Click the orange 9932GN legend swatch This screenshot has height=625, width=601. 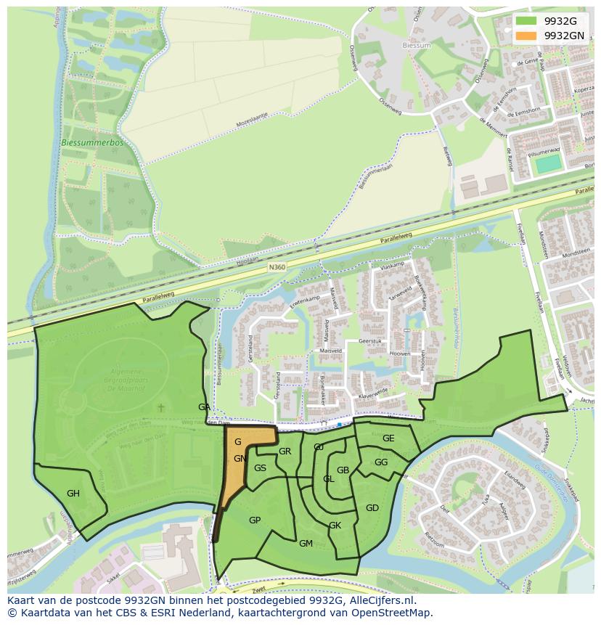coord(526,35)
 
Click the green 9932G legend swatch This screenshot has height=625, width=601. coord(526,21)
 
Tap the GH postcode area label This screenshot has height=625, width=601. coord(73,494)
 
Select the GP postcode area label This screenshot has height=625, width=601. coord(255,520)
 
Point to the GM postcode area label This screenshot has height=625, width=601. coord(306,544)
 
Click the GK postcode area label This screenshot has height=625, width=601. coord(335,526)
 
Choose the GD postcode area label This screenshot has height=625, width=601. coord(372,508)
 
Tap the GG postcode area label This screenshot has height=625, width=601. coord(381,462)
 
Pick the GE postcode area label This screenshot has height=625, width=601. coord(388,438)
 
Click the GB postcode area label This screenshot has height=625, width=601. coord(343,470)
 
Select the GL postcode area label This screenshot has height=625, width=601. coord(329,479)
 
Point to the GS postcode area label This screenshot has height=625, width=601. coord(260,468)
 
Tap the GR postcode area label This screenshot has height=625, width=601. coord(285,452)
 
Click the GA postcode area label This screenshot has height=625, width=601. coord(205,407)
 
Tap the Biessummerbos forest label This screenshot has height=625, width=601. coord(93,143)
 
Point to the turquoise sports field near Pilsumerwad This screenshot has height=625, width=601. coord(549,163)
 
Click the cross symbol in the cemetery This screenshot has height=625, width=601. coord(163,409)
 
